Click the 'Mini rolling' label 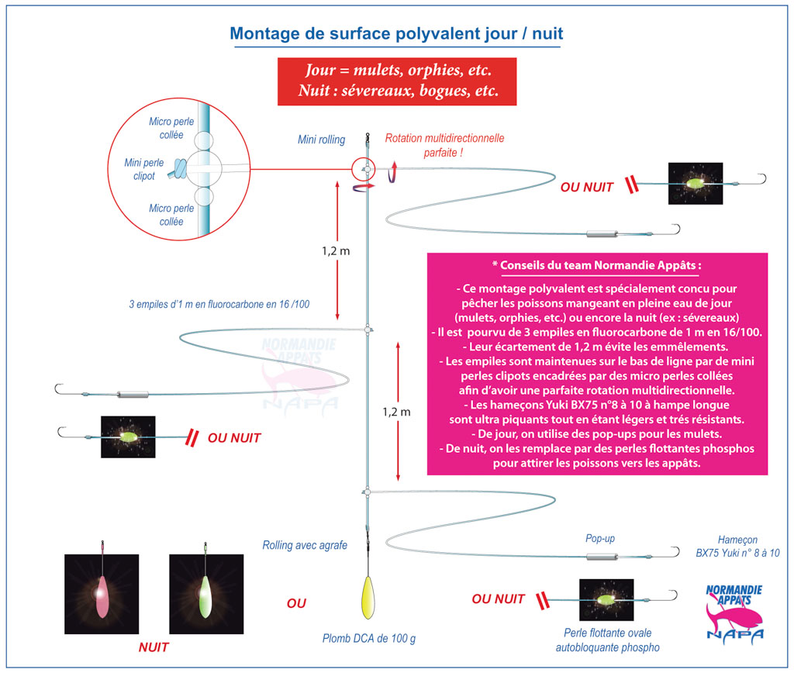[x=321, y=140]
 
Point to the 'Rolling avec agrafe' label [x=305, y=545]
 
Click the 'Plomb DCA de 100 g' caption [x=369, y=639]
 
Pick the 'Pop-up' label [x=599, y=537]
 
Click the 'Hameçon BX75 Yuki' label [x=738, y=547]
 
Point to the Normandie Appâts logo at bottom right [x=734, y=612]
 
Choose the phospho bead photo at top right [x=696, y=184]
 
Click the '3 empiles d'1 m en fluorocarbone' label [x=219, y=304]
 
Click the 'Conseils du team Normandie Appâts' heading [x=596, y=264]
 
